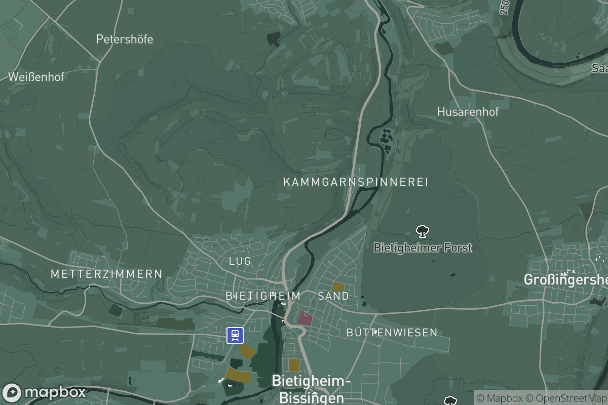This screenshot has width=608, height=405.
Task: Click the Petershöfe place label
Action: tap(124, 39)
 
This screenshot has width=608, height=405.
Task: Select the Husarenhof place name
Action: tap(468, 111)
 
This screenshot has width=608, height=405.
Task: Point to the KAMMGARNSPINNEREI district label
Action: tap(356, 182)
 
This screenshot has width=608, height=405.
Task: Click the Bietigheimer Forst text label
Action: tap(423, 248)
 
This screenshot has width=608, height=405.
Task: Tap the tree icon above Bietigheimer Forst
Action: tap(422, 232)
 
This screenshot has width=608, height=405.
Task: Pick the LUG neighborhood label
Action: tap(240, 261)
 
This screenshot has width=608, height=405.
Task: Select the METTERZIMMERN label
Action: tap(106, 274)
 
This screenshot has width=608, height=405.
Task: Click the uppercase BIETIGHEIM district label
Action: tap(263, 296)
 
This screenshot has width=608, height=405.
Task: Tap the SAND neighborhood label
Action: tap(333, 296)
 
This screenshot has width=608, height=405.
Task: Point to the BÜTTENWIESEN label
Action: tap(392, 333)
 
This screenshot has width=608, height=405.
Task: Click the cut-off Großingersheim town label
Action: tap(565, 279)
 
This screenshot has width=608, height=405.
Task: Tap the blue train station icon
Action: tap(235, 335)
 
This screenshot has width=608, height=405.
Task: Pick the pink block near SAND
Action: tap(305, 318)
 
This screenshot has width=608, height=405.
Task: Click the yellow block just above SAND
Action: tap(338, 287)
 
